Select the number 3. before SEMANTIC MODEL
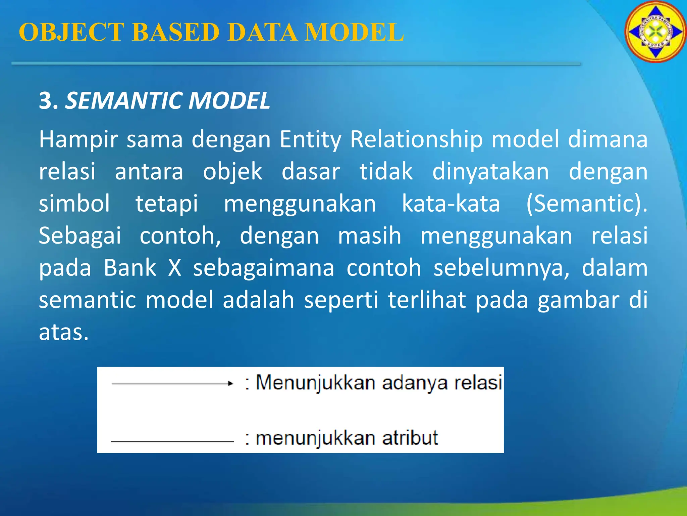(x=48, y=101)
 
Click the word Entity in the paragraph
(x=310, y=140)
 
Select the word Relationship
(x=416, y=140)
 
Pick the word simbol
(x=74, y=204)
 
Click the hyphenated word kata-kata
(x=451, y=204)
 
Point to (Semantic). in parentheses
(x=586, y=204)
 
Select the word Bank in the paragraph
(x=130, y=268)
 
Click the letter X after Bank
(x=174, y=268)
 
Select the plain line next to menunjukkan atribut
(x=172, y=441)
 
